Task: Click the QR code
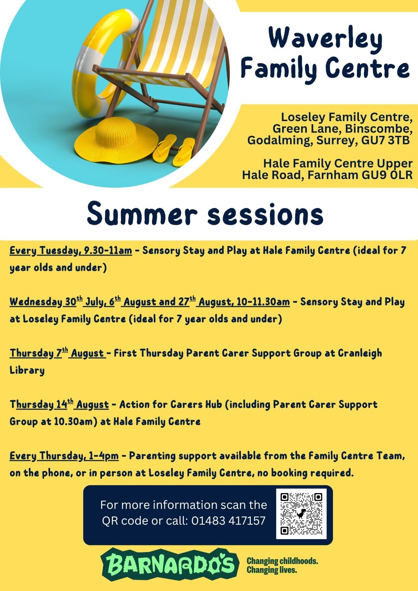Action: [x=301, y=514]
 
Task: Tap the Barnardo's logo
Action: [x=168, y=564]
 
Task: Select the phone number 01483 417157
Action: [x=228, y=520]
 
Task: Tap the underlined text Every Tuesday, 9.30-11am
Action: [x=71, y=251]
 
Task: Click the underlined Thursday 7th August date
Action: [x=58, y=353]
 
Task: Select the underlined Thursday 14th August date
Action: [x=59, y=405]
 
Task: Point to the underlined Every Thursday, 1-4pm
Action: [x=64, y=456]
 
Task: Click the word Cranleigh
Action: [x=360, y=353]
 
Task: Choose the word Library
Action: [x=27, y=371]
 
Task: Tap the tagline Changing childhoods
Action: [x=282, y=561]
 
